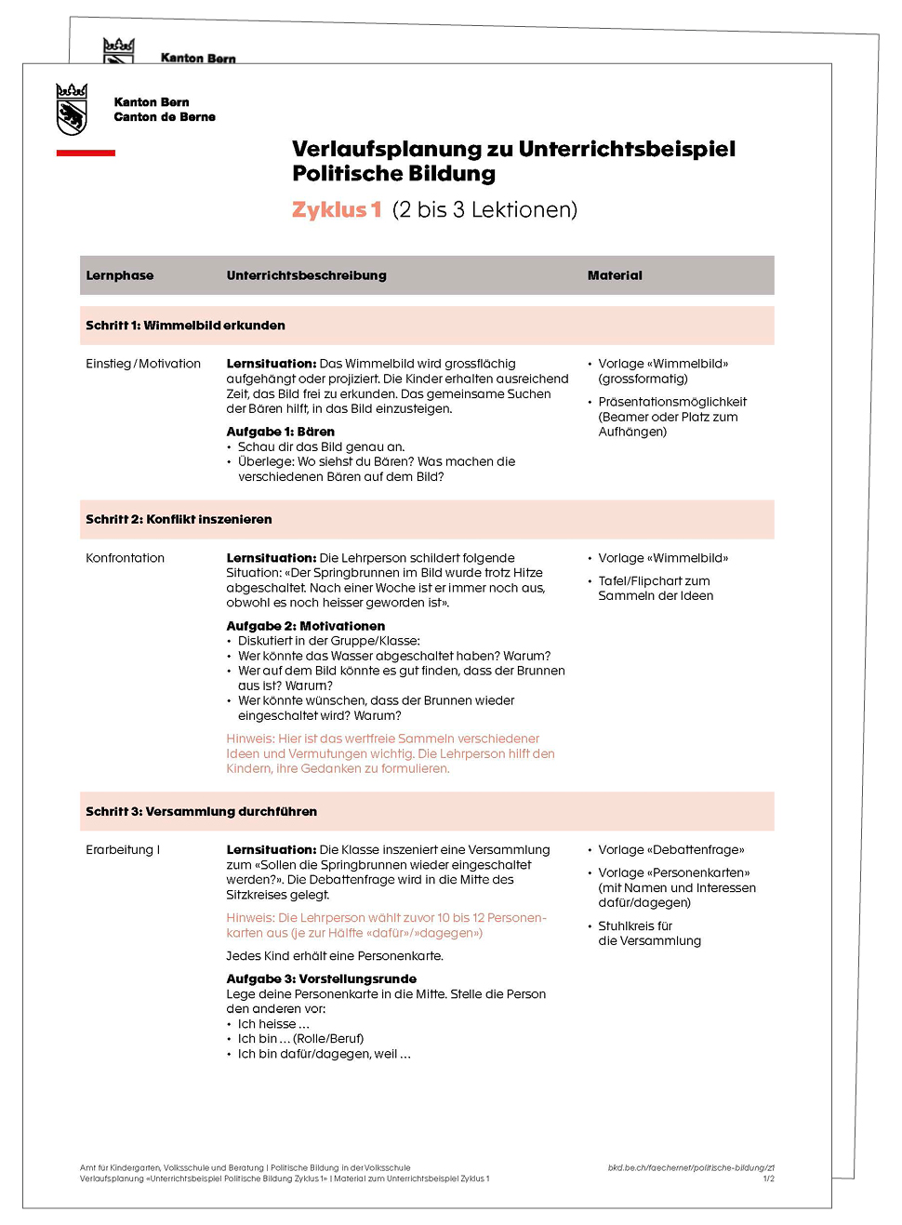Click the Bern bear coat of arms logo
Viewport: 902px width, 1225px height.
point(72,109)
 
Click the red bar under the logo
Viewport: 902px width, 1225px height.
point(86,153)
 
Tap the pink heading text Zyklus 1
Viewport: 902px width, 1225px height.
point(337,210)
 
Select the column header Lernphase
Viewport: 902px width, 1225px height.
point(120,275)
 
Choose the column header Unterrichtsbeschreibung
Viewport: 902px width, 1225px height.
point(306,275)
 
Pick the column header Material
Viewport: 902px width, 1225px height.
point(615,275)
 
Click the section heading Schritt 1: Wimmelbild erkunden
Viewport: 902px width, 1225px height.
point(185,326)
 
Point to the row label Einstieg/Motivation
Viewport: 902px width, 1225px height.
point(143,364)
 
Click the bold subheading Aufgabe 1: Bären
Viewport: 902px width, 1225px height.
point(280,432)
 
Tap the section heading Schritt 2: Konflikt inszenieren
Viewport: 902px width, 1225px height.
point(179,519)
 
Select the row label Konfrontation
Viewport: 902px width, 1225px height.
point(125,558)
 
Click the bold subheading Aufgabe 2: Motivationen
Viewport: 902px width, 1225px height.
point(305,626)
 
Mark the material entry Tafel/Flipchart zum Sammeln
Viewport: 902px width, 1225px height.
point(655,588)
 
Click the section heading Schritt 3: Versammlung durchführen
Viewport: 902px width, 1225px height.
point(201,811)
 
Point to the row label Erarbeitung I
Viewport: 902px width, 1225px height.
point(123,850)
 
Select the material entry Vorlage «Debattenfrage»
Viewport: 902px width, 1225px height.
point(670,850)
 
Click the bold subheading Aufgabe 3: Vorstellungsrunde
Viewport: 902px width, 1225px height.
point(321,979)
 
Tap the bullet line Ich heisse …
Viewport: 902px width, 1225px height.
point(273,1024)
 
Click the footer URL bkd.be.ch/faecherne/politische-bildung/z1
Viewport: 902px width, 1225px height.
point(691,1167)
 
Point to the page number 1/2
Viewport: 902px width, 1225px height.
point(768,1178)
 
